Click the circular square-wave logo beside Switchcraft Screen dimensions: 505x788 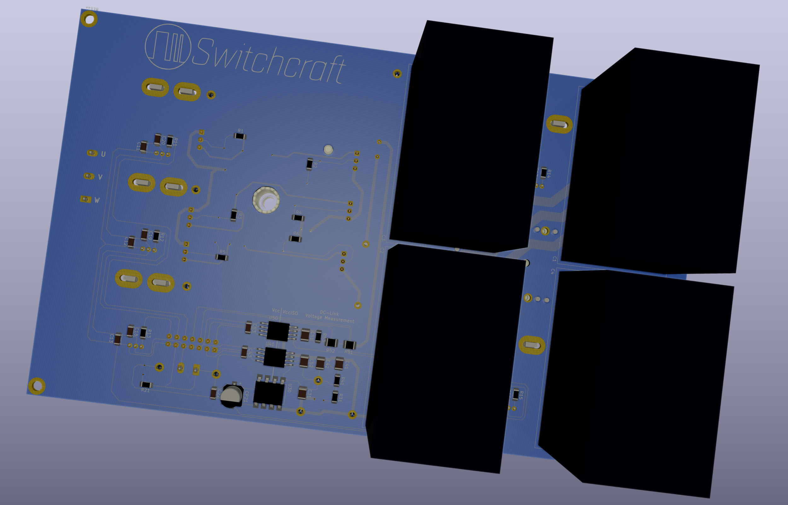[168, 47]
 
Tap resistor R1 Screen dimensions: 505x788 [240, 136]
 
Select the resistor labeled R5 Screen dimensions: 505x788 [222, 258]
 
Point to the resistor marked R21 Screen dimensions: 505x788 [146, 384]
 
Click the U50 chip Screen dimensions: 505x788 [278, 331]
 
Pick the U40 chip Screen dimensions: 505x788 [275, 357]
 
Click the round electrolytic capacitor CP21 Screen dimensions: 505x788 [232, 396]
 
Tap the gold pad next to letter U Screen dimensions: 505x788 [92, 153]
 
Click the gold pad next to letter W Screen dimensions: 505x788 [85, 199]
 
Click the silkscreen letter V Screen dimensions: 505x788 [100, 177]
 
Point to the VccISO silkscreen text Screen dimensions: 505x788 [290, 313]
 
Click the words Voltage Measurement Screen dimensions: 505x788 [329, 318]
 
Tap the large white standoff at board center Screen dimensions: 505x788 [266, 200]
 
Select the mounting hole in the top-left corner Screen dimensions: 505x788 [89, 19]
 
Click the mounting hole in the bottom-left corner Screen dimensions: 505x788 [37, 386]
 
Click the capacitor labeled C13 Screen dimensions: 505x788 [117, 339]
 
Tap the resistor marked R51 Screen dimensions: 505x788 [350, 345]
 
